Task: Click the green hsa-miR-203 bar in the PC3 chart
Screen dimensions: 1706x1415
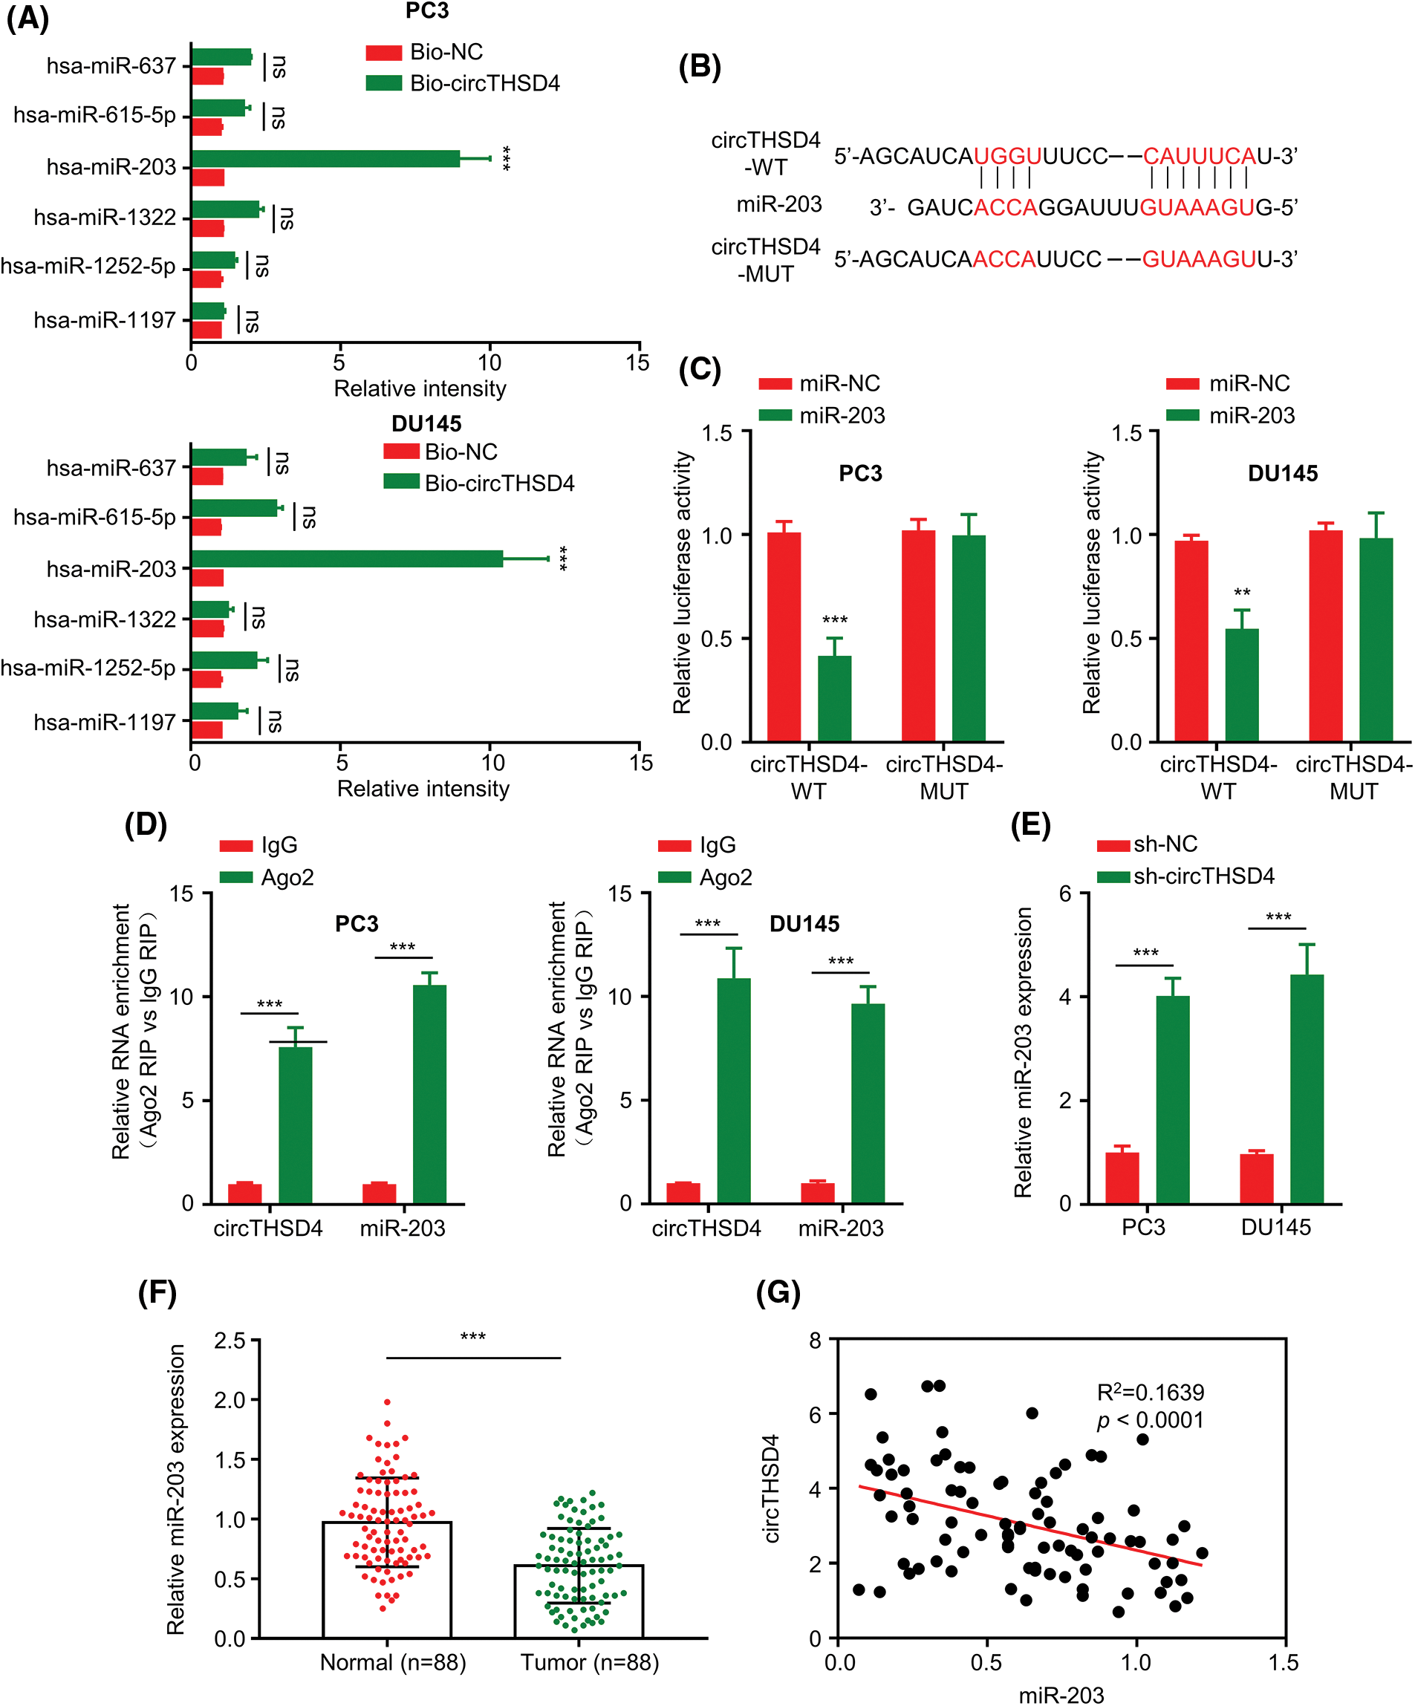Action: click(x=325, y=158)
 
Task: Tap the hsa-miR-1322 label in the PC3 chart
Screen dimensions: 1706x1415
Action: click(x=105, y=218)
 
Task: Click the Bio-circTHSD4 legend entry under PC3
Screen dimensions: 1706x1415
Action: click(x=484, y=84)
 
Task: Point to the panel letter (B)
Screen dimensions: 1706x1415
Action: click(x=700, y=67)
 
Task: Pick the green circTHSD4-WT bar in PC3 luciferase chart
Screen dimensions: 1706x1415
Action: click(x=834, y=699)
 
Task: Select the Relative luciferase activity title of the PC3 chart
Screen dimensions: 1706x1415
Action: click(x=682, y=582)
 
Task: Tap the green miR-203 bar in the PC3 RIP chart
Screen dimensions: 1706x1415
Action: click(x=429, y=1093)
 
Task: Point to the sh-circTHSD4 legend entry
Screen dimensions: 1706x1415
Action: click(x=1203, y=876)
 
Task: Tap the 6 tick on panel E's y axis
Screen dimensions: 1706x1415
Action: click(x=1065, y=893)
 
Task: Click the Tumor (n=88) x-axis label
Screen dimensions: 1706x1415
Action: click(x=590, y=1662)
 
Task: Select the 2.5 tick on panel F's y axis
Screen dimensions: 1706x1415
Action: click(x=229, y=1340)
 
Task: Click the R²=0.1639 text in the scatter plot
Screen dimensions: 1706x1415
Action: click(x=1150, y=1393)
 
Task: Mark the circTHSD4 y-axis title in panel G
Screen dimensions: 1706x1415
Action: click(x=772, y=1488)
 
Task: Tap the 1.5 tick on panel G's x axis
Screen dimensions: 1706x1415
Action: click(x=1284, y=1662)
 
